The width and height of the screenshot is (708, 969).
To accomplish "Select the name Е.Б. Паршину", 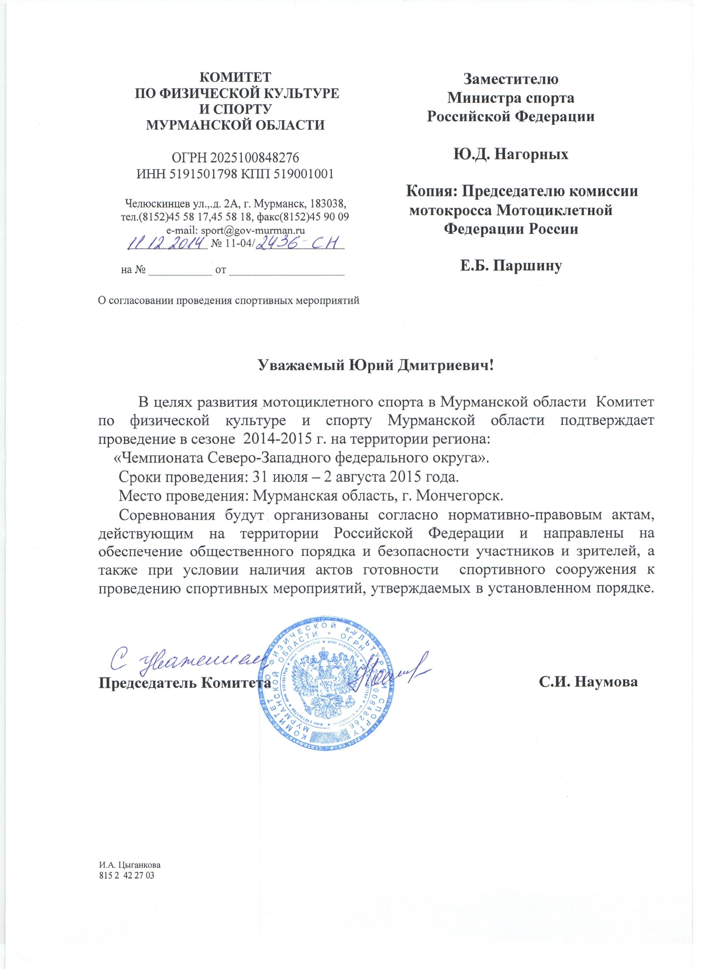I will (x=510, y=266).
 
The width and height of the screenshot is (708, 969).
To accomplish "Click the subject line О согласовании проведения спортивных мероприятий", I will (x=229, y=300).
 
